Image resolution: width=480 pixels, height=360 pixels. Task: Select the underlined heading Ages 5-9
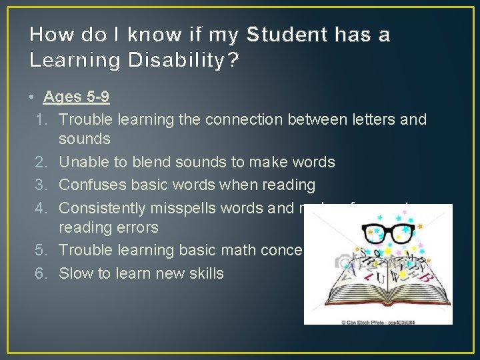(76, 97)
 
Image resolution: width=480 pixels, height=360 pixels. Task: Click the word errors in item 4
(137, 227)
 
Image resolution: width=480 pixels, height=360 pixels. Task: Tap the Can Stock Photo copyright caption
(378, 320)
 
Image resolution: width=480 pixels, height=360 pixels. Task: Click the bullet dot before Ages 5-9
(33, 97)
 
